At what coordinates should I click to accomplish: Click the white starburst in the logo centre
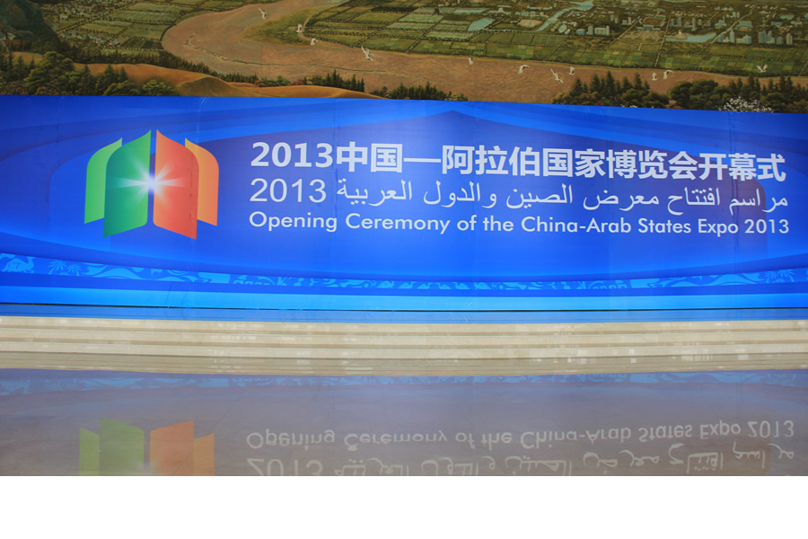(x=153, y=183)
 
